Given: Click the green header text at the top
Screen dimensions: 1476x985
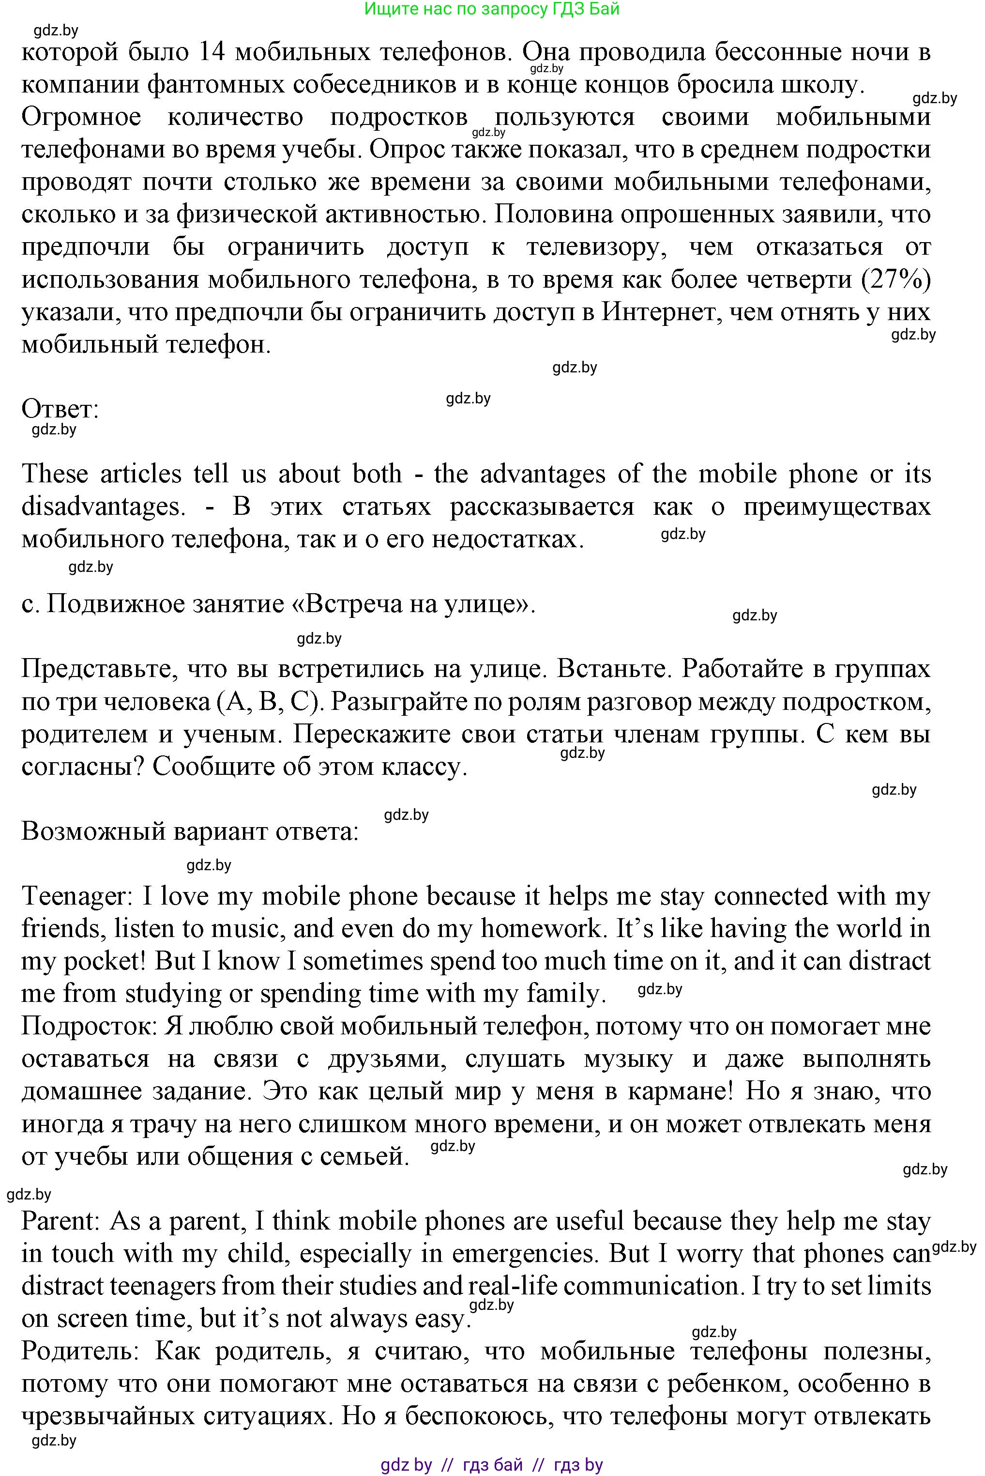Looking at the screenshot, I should [x=491, y=9].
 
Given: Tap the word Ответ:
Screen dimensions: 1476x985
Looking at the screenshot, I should [x=61, y=409].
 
